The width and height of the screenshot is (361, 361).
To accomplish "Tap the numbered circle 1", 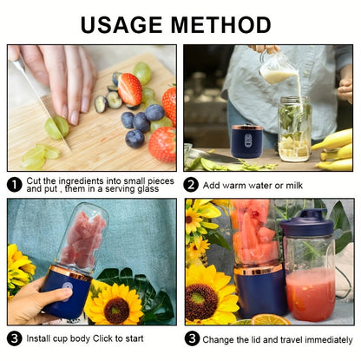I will pos(15,184).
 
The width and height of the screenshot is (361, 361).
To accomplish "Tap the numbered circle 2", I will pos(192,184).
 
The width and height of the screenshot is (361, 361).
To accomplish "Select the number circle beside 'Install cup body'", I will pos(15,338).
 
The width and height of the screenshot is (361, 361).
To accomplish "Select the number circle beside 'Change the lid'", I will pos(192,338).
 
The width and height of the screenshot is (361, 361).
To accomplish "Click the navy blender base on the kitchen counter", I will pos(247,141).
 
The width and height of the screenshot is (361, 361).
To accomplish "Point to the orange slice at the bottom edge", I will pos(272,320).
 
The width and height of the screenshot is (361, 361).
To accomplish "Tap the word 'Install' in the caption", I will pos(41,338).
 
